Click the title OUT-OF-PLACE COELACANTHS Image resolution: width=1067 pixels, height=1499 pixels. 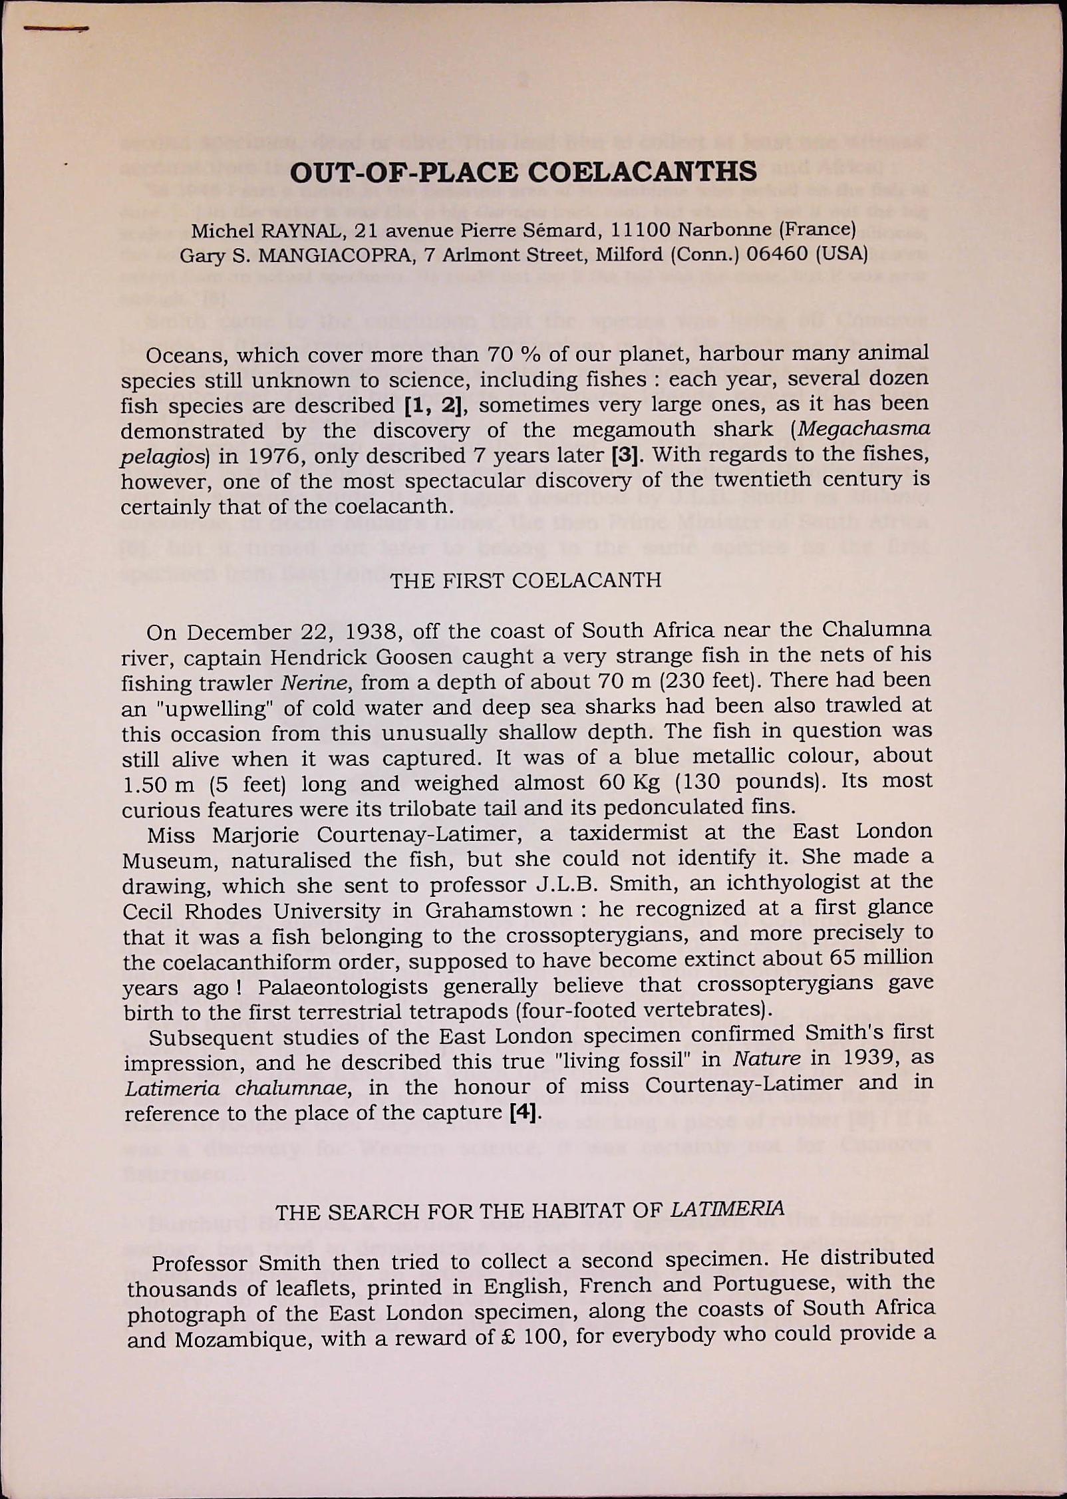(x=524, y=172)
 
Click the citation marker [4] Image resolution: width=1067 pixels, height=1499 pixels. (x=522, y=1112)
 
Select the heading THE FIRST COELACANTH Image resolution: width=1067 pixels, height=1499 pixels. (x=526, y=580)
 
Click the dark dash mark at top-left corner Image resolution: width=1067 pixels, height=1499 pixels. (x=56, y=29)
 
